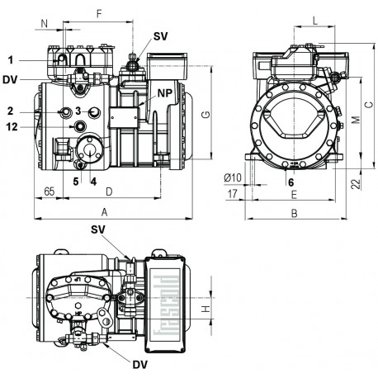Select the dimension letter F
coord(99,13)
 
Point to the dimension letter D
coord(109,191)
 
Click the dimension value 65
coord(50,191)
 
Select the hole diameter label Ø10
coord(232,177)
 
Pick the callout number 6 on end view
coord(291,181)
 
